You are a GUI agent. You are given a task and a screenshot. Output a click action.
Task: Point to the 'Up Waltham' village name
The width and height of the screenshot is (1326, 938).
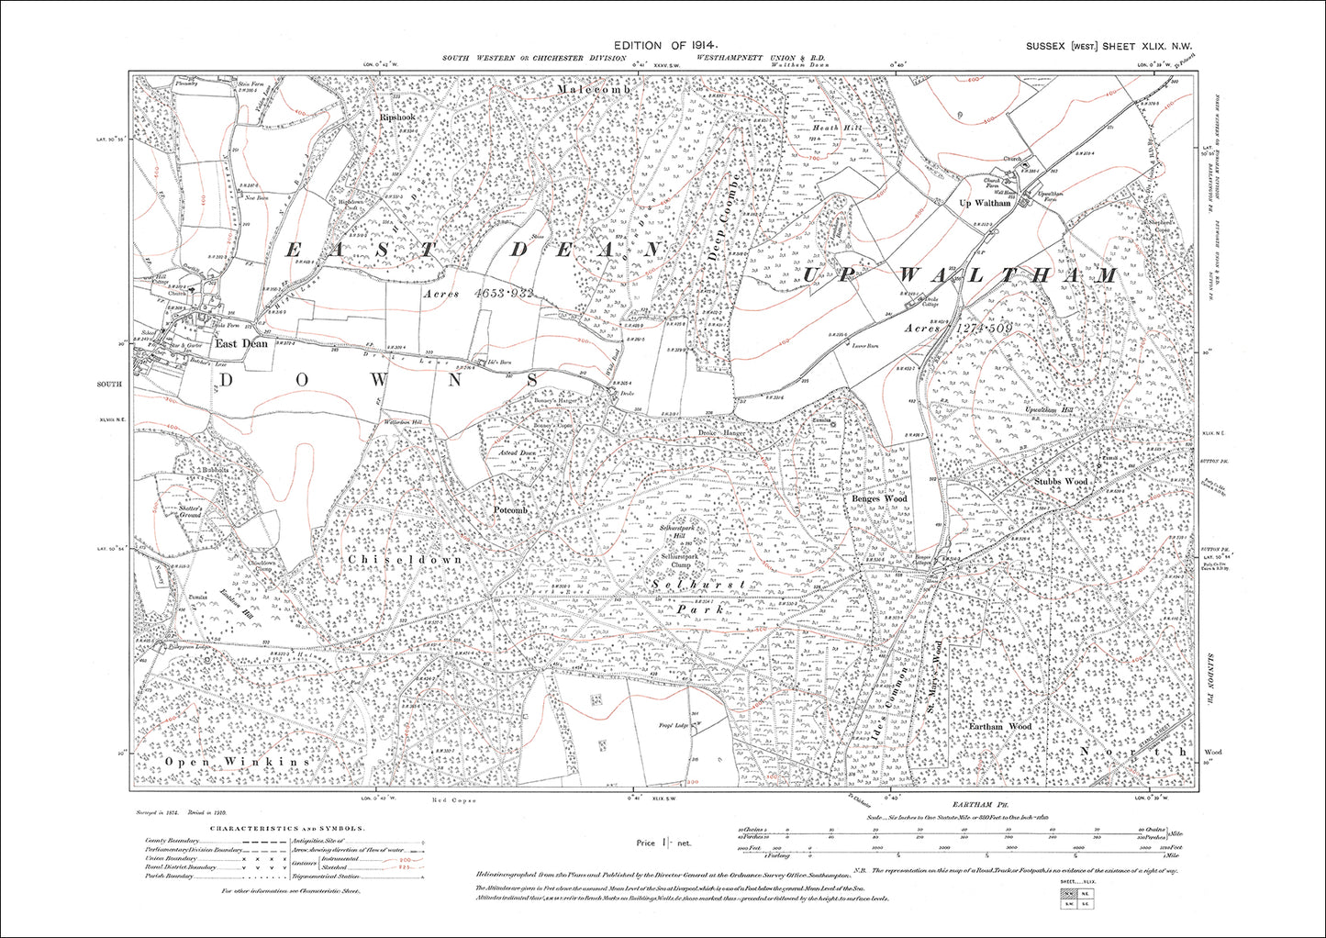984,203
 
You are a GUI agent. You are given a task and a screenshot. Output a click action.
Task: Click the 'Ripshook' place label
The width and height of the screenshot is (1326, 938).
397,117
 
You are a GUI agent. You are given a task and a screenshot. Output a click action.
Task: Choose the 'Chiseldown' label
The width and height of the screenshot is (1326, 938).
405,558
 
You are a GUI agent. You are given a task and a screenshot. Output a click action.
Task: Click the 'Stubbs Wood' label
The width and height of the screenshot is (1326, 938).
1060,480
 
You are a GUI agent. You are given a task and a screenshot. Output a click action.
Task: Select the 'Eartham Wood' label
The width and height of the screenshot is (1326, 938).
1000,725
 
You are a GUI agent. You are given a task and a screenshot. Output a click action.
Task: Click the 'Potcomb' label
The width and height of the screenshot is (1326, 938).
510,508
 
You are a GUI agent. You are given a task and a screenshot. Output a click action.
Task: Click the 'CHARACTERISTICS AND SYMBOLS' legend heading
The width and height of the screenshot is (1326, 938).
286,828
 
